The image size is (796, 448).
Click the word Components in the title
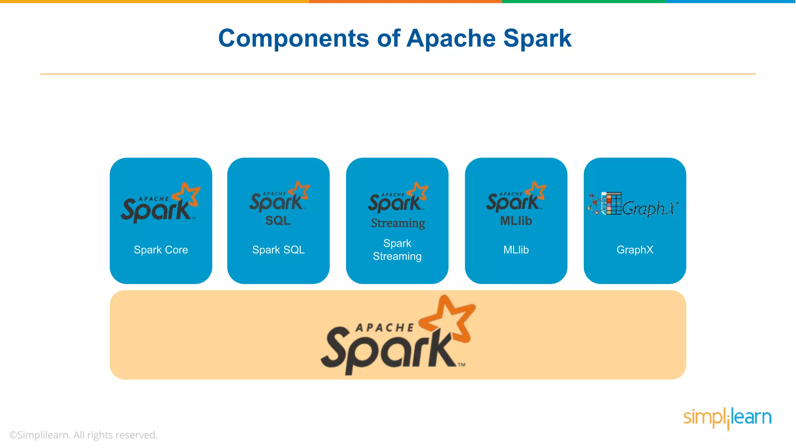[293, 38]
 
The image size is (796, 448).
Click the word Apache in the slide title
[451, 38]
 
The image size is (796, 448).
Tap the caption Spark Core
[161, 250]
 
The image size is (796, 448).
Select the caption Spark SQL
[278, 250]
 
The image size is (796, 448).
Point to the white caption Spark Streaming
[397, 250]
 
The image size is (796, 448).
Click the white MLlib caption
[516, 250]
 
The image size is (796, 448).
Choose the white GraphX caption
[635, 250]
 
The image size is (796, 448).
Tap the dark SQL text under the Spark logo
[278, 220]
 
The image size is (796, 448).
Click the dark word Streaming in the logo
[398, 223]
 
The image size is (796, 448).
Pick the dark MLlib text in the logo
[516, 221]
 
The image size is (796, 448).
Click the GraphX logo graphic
[633, 205]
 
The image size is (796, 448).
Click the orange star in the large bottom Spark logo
[451, 317]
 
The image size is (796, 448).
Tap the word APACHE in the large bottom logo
[385, 328]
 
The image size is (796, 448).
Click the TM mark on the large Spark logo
[461, 365]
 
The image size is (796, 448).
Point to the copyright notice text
[84, 435]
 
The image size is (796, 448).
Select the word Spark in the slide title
[537, 38]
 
